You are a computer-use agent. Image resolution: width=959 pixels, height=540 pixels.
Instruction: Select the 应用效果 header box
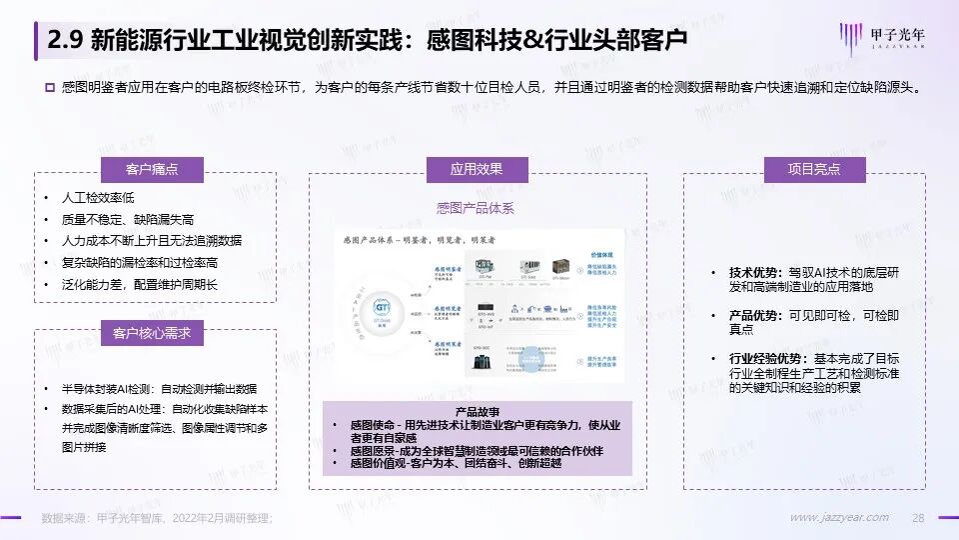click(x=477, y=169)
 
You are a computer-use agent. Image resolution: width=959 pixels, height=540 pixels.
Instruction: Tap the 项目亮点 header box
click(x=802, y=169)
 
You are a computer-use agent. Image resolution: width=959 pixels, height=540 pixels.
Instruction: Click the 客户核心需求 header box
click(x=151, y=332)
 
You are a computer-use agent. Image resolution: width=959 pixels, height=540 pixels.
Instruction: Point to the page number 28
click(x=919, y=517)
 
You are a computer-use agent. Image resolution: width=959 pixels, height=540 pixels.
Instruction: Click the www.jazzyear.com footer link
click(x=839, y=517)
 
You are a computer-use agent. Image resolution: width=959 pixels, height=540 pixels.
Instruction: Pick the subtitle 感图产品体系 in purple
click(x=476, y=209)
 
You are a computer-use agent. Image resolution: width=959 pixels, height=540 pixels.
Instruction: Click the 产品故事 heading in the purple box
click(x=477, y=411)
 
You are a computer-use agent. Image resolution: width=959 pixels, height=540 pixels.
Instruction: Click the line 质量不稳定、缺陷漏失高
click(x=127, y=220)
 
